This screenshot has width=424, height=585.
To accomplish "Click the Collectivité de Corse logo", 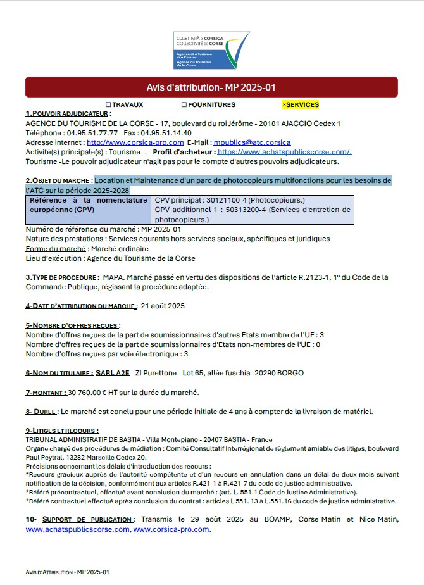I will point(211,50).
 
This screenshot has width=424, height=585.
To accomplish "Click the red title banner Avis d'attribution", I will point(211,87).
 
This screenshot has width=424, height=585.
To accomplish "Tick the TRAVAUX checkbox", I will point(108,105).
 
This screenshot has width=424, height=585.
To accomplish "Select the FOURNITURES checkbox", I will point(184,105).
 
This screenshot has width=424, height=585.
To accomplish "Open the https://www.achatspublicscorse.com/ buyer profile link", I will point(284,152).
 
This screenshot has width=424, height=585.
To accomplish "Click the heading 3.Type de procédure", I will point(62,277).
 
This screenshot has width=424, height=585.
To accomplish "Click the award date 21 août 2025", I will point(163,306).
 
